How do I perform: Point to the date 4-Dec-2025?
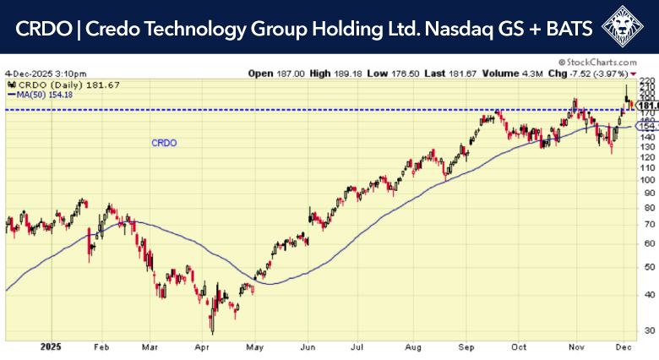click(x=28, y=73)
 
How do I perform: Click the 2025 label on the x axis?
click(x=52, y=346)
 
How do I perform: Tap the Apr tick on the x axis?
click(x=203, y=346)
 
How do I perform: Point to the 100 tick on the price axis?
click(x=646, y=179)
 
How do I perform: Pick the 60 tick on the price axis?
click(x=646, y=243)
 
